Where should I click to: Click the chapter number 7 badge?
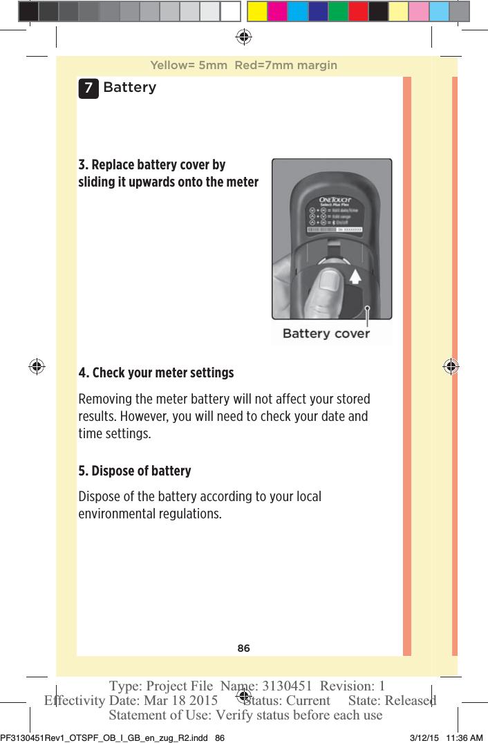click(x=88, y=88)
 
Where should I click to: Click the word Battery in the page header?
click(x=129, y=88)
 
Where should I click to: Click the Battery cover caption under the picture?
click(x=326, y=334)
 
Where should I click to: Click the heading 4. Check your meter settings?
click(x=156, y=373)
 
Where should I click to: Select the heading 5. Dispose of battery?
click(x=135, y=471)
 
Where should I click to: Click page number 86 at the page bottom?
click(x=243, y=648)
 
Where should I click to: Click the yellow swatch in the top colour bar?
click(x=258, y=11)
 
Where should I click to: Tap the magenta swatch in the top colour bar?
click(x=278, y=11)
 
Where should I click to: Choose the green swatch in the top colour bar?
click(x=338, y=11)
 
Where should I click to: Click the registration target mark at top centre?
click(x=243, y=36)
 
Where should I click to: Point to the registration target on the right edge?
click(x=451, y=366)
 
